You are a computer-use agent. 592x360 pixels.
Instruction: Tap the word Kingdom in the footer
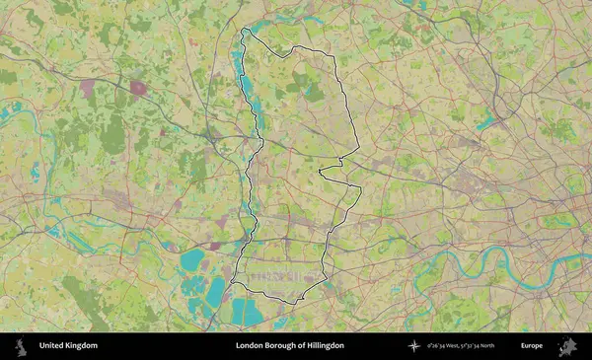coord(83,346)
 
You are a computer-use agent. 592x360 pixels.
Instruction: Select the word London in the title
coord(250,346)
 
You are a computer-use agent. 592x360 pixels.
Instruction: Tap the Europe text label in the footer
coord(532,346)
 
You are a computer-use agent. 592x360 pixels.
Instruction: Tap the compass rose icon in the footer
coord(413,346)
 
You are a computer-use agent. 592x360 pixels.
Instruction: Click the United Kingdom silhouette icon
coord(19,346)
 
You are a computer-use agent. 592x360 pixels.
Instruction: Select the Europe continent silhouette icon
coord(567,346)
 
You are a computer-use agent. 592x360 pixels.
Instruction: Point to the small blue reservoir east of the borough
coord(484,124)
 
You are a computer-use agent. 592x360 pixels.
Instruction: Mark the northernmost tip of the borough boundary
coord(247,30)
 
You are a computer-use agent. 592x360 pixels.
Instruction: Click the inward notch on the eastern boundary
coord(322,172)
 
